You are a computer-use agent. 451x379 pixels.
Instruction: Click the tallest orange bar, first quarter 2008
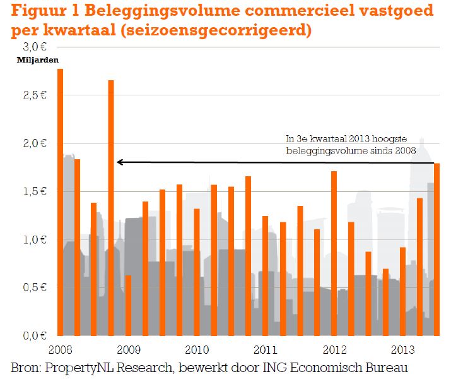pyautogui.click(x=60, y=202)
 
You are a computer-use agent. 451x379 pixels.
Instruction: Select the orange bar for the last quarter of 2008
pyautogui.click(x=111, y=208)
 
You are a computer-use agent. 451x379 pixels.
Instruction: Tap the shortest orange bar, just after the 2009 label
pyautogui.click(x=128, y=306)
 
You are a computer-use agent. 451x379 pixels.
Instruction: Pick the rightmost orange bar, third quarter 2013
pyautogui.click(x=436, y=250)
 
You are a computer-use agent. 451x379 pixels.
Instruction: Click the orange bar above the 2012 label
pyautogui.click(x=334, y=253)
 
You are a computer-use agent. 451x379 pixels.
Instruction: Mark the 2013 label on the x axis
pyautogui.click(x=402, y=349)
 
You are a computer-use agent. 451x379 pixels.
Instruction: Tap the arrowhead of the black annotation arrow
pyautogui.click(x=119, y=162)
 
